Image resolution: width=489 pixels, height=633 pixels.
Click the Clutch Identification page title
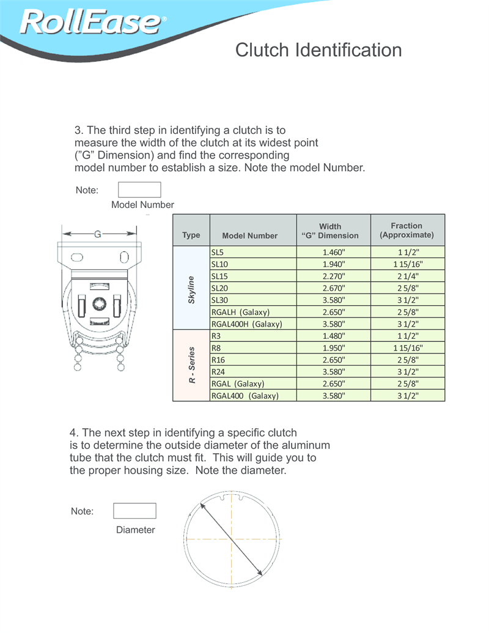coord(318,50)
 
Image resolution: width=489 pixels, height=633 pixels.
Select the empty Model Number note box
coord(139,190)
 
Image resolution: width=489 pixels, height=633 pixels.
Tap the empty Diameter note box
coord(134,511)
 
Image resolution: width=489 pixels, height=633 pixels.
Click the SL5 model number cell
coord(252,252)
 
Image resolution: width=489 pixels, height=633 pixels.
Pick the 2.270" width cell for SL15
coord(333,276)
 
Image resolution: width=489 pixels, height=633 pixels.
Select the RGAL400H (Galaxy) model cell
coord(252,324)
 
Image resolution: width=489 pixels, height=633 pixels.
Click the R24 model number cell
coord(252,371)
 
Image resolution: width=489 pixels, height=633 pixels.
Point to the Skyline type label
coord(191,288)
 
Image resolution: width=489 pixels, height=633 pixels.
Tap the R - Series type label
coord(191,365)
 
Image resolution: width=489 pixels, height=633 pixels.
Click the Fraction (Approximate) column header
coord(407,230)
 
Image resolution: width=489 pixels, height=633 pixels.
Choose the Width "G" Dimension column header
coord(333,231)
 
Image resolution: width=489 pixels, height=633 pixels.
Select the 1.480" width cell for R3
coord(333,336)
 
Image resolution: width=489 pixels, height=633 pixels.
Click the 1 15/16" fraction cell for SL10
coord(407,264)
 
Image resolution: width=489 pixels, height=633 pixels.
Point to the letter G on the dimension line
coord(98,234)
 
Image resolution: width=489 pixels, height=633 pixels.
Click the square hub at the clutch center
coord(100,304)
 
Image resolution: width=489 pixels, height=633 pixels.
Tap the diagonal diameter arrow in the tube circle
coord(232,539)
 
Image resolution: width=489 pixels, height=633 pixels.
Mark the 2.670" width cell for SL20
coord(333,288)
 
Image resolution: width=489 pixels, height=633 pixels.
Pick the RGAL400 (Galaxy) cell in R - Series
coord(252,396)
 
